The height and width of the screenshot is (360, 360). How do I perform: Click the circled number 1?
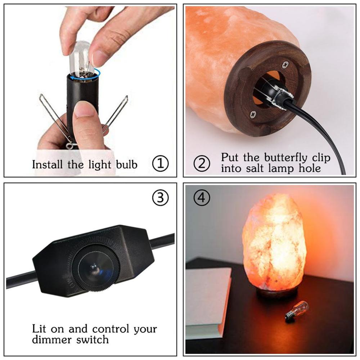[161, 165]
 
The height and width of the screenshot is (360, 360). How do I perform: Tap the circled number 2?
[202, 164]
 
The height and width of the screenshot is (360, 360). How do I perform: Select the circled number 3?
[161, 198]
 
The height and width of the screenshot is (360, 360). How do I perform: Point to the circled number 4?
[202, 198]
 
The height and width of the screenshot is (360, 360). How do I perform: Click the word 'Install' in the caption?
[48, 165]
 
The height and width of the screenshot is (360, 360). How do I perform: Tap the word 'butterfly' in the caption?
[285, 158]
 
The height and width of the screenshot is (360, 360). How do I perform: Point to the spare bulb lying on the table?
[297, 310]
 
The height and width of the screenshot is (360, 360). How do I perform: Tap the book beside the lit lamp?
[208, 302]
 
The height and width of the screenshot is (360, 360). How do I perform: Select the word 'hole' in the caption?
[308, 168]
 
